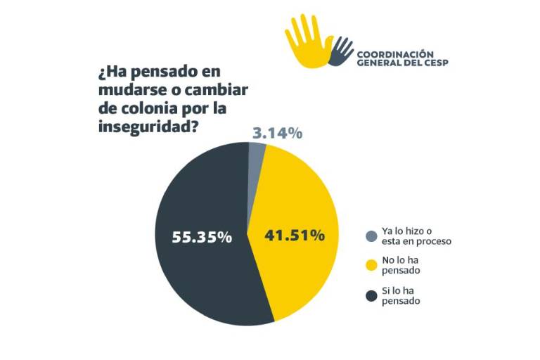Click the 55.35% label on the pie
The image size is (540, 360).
pyautogui.click(x=202, y=237)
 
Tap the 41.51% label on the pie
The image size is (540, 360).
pyautogui.click(x=294, y=236)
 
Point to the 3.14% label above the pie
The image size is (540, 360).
pyautogui.click(x=276, y=133)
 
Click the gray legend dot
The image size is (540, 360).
pyautogui.click(x=371, y=236)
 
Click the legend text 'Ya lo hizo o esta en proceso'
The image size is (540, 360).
pyautogui.click(x=416, y=236)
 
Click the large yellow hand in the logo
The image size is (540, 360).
pyautogui.click(x=308, y=41)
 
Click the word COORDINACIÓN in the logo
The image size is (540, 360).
pyautogui.click(x=395, y=53)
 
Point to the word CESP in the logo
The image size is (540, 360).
pyautogui.click(x=436, y=63)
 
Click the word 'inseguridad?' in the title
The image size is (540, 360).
pyautogui.click(x=148, y=127)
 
